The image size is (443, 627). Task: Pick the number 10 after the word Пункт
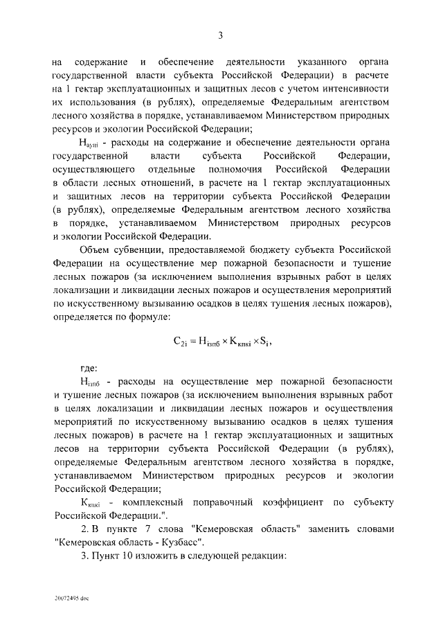pyautogui.click(x=118, y=556)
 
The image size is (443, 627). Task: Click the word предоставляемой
pyautogui.click(x=218, y=249)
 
